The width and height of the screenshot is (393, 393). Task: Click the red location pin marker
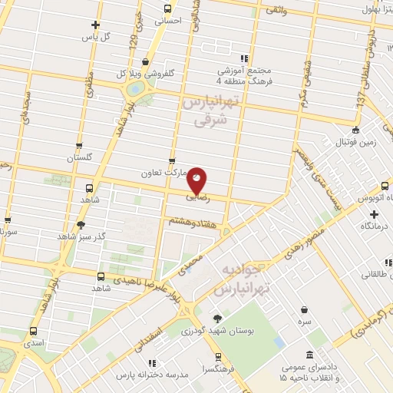198,181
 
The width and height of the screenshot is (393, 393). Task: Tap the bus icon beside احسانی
168,9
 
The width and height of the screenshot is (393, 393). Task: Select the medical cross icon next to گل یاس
94,24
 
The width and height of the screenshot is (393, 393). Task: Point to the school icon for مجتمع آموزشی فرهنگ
244,58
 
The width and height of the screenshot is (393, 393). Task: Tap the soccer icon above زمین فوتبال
355,129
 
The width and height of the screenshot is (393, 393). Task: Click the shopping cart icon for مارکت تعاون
170,161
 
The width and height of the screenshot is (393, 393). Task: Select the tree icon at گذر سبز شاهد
81,224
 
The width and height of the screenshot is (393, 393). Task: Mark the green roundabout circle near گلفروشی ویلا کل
136,88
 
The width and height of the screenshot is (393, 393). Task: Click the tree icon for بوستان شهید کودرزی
217,318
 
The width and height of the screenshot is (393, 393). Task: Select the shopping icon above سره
305,310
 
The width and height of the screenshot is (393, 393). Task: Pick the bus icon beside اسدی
31,332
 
